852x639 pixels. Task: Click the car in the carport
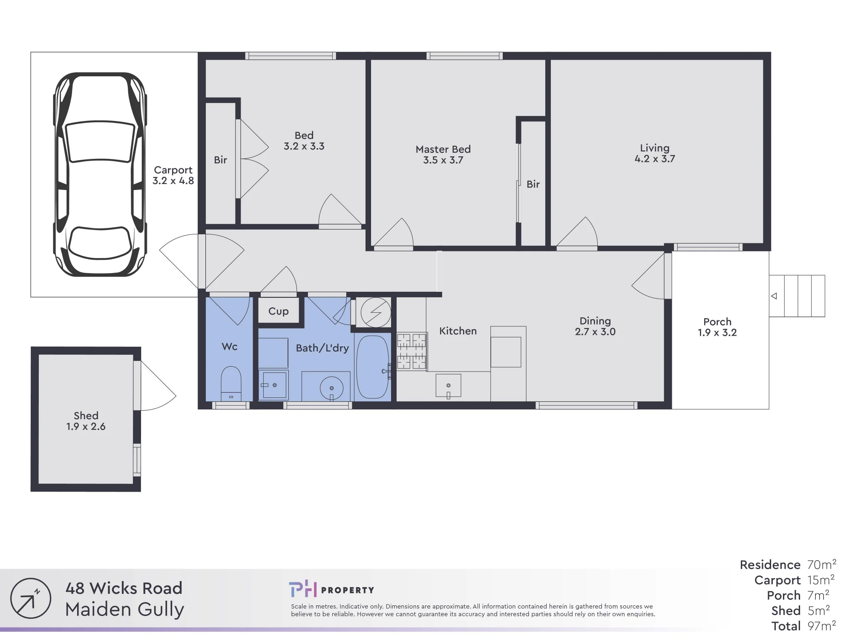click(x=100, y=174)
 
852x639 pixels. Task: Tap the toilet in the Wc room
click(x=231, y=383)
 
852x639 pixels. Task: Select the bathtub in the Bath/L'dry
click(x=373, y=367)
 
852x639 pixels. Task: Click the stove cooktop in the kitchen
click(x=412, y=351)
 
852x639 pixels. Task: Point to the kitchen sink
click(x=448, y=386)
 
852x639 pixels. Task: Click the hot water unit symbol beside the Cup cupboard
click(x=375, y=312)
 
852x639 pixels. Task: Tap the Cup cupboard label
click(x=279, y=311)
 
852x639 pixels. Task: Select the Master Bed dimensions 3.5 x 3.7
click(x=443, y=160)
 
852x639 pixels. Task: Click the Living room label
click(x=655, y=148)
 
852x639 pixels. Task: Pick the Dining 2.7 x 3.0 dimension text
click(x=595, y=332)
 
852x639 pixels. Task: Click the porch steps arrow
click(x=774, y=296)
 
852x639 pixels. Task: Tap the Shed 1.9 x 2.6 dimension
click(x=86, y=426)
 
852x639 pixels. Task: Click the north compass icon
click(x=31, y=598)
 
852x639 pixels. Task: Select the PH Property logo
click(x=331, y=590)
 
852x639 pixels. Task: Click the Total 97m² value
click(x=822, y=626)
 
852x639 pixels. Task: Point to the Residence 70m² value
click(x=822, y=564)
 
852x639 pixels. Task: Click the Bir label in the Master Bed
click(x=533, y=184)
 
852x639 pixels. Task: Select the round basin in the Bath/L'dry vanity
click(x=331, y=389)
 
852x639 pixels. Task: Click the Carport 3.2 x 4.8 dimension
click(x=173, y=181)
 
